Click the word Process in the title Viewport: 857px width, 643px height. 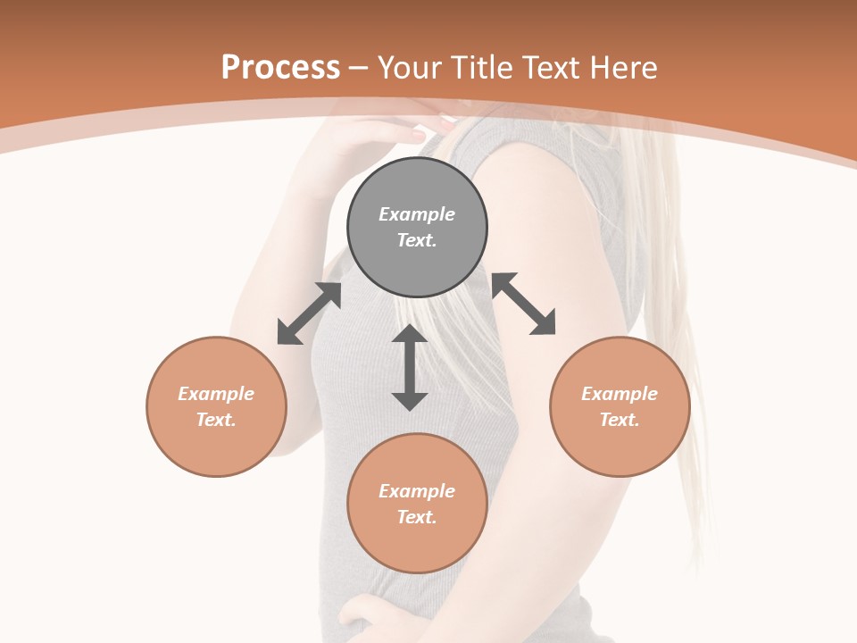[280, 68]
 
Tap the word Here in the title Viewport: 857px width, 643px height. [622, 68]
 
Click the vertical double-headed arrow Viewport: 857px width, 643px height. [410, 367]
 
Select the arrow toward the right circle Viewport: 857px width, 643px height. [524, 304]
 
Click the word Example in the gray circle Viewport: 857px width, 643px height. [417, 214]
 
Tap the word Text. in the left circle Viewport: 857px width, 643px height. [216, 420]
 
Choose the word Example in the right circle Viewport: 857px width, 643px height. [620, 394]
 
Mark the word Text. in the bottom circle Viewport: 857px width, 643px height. [417, 517]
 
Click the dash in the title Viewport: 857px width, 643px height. [358, 68]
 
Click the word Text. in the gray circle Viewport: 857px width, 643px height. [417, 240]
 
